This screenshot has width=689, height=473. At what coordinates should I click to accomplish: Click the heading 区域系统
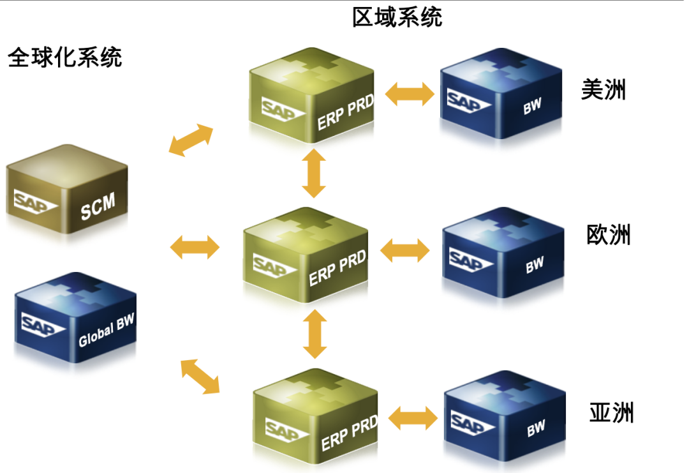click(x=397, y=17)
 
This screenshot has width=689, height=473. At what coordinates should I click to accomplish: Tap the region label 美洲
click(x=603, y=90)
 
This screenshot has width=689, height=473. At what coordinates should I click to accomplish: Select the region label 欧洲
click(x=608, y=235)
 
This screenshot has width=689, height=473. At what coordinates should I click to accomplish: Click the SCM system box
click(x=67, y=191)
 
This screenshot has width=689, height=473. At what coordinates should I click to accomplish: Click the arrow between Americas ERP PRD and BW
click(x=410, y=94)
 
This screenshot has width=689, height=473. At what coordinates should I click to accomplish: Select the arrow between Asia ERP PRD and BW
click(x=413, y=418)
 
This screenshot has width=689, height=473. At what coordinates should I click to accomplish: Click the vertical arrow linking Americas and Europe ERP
click(x=314, y=172)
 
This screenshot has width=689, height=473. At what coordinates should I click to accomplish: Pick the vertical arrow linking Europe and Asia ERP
click(x=314, y=334)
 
